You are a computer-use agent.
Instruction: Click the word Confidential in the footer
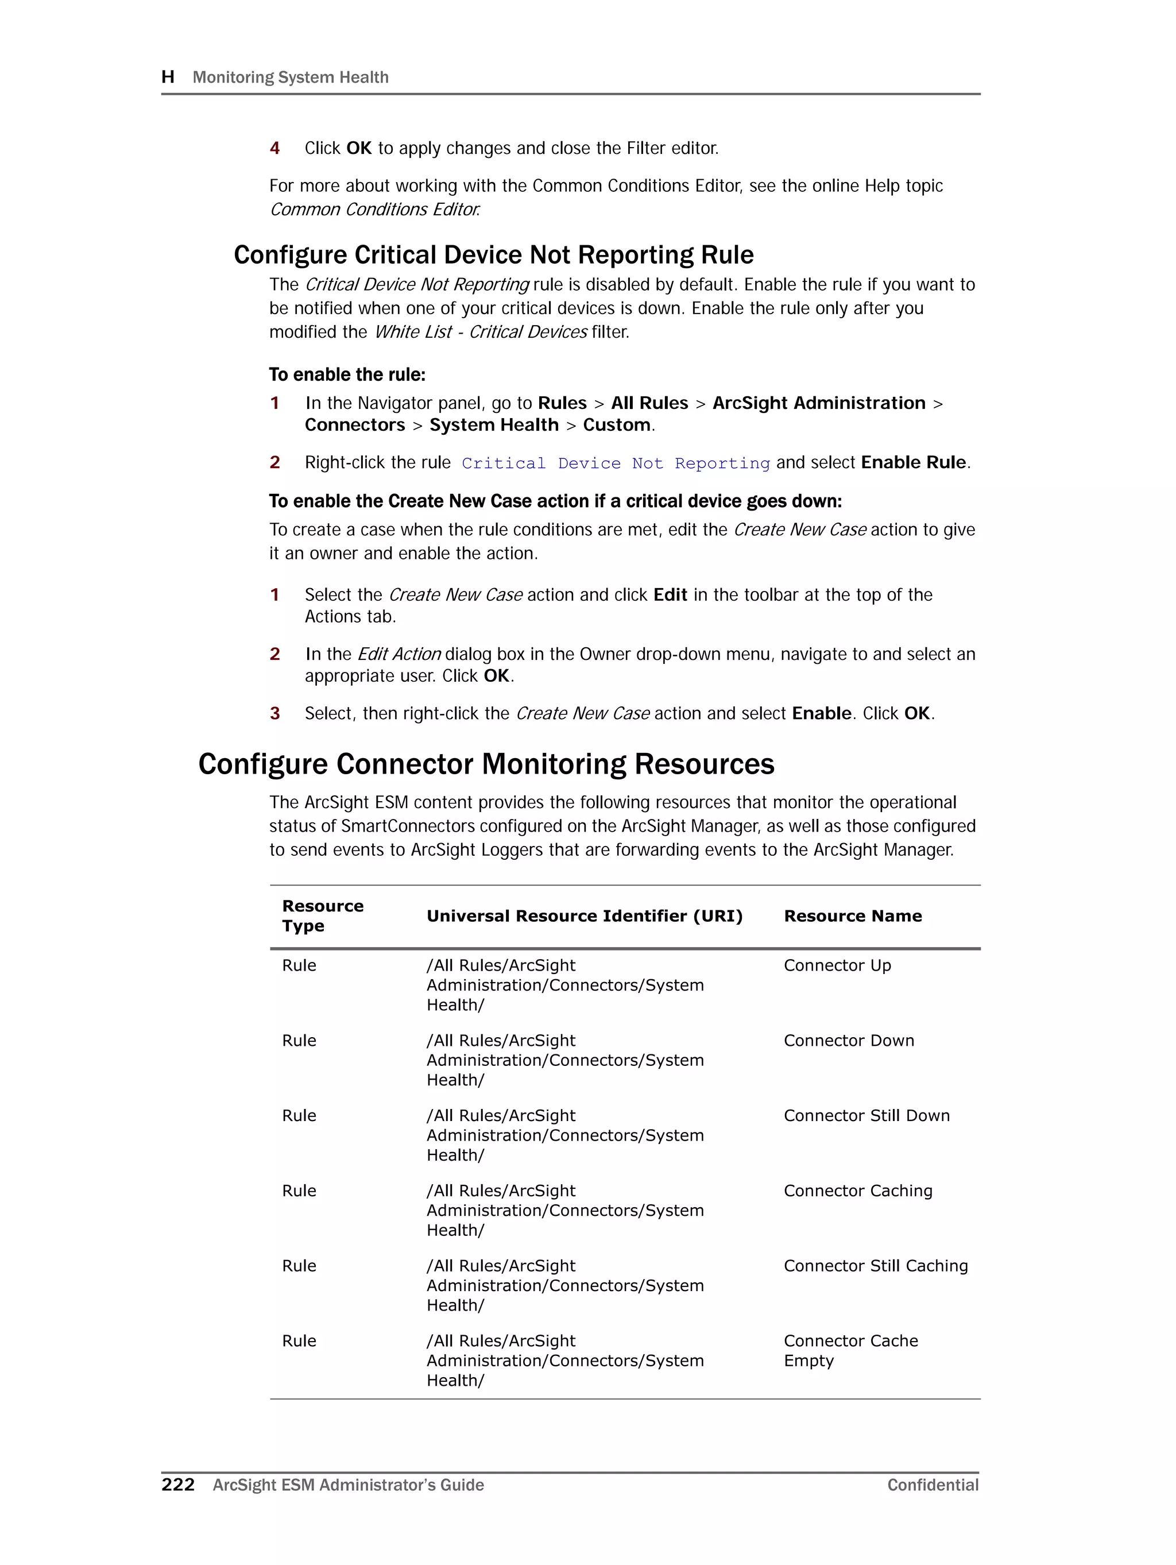click(932, 1485)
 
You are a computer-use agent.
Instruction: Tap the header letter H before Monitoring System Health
click(168, 76)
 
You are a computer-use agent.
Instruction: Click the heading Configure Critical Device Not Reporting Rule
click(493, 254)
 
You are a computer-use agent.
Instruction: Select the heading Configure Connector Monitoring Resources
click(486, 764)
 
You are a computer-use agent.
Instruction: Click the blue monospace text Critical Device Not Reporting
click(615, 463)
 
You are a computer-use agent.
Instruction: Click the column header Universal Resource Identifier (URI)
click(584, 915)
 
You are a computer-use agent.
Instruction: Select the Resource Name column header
click(852, 915)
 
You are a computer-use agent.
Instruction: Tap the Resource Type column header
click(322, 915)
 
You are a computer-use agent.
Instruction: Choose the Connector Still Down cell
click(866, 1115)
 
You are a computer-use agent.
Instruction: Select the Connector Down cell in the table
click(848, 1040)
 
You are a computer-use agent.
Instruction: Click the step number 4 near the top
click(274, 148)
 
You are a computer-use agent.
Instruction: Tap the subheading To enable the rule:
click(347, 374)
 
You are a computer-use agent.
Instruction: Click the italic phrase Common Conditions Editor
click(374, 210)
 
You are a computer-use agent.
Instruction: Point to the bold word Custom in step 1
click(616, 424)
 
